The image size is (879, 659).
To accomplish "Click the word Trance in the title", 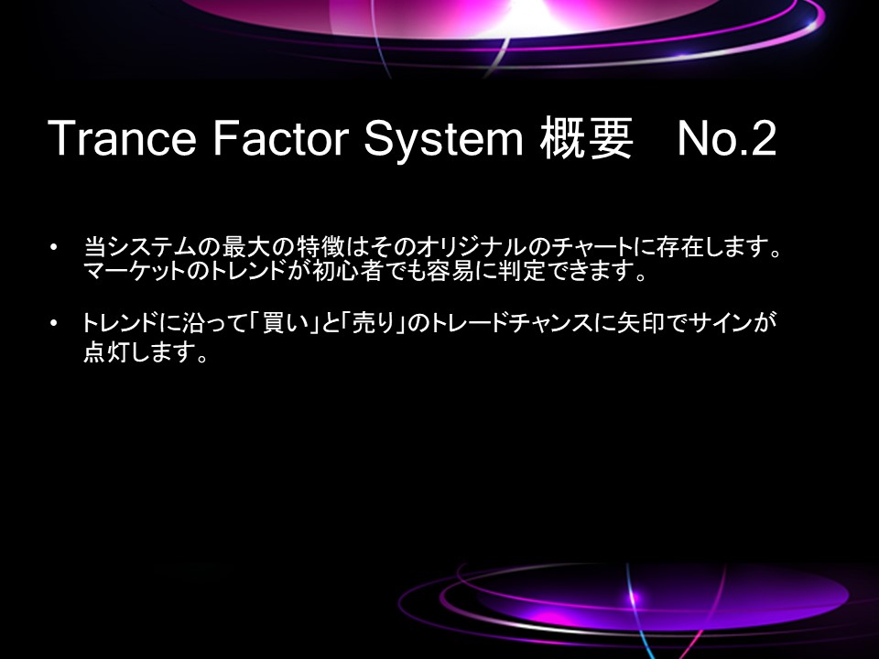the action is pos(122,138).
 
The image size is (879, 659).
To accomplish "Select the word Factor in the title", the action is pos(281,138).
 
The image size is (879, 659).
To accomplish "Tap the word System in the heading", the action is pos(443,139).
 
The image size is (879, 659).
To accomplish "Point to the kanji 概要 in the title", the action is pos(586,138).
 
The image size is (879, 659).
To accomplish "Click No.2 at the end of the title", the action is pos(727,138).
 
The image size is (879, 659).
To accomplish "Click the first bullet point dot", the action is pos(53,246).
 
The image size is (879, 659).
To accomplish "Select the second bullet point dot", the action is pos(53,323).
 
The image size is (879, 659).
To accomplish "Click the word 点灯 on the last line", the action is pos(106,351).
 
